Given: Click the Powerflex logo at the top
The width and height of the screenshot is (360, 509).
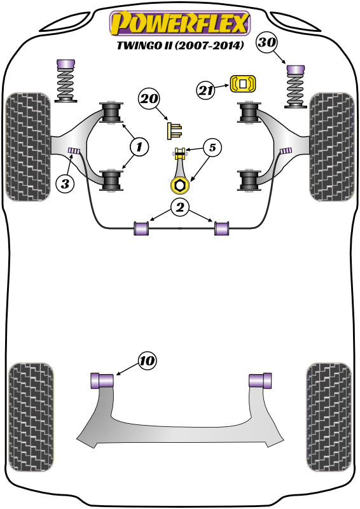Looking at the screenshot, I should (179, 23).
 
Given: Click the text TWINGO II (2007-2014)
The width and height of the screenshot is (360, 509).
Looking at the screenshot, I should (181, 46).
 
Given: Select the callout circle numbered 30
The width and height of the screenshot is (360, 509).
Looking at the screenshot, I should (268, 44).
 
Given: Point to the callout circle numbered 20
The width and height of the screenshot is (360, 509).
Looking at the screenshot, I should (149, 99).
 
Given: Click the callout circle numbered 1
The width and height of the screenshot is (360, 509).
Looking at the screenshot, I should (139, 148).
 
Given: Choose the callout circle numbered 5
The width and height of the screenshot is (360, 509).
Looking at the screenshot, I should (212, 149).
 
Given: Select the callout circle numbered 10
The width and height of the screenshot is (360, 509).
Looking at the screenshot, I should (146, 361).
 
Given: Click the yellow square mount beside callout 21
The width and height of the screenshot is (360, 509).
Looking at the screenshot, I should (242, 84).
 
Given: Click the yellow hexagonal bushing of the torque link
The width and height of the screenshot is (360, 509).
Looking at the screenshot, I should (179, 186).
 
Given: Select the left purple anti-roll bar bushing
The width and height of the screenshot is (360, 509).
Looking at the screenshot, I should (141, 227).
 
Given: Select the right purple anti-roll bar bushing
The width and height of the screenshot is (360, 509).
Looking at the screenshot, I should (221, 227).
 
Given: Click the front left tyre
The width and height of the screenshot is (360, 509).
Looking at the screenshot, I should (27, 146).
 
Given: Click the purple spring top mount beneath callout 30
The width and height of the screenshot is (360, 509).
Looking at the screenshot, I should (294, 67).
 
